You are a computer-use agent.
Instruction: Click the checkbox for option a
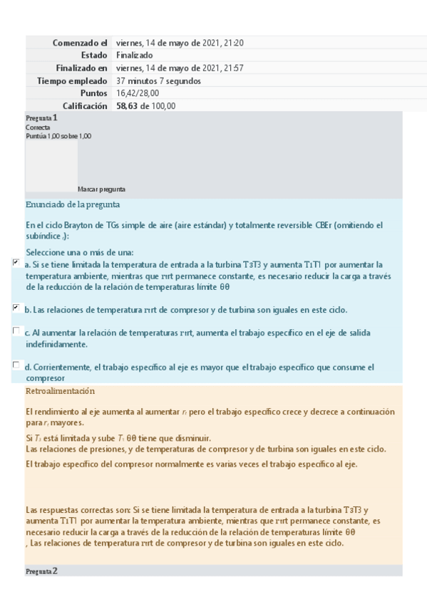tap(16, 263)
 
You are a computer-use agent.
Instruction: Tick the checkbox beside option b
tap(16, 308)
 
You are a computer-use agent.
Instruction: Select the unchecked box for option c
tap(16, 331)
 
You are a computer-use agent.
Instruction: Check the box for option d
tap(16, 365)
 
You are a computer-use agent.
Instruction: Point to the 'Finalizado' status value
tap(134, 56)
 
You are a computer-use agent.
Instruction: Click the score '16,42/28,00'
tap(138, 93)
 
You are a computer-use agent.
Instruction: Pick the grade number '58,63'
tap(128, 106)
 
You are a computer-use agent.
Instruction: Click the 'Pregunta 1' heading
tap(41, 118)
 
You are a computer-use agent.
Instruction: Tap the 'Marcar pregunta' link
tap(101, 189)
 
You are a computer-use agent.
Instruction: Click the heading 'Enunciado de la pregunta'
tap(72, 205)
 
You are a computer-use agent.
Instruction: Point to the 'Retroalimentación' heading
tap(60, 392)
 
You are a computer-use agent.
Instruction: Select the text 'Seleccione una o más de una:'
tap(80, 252)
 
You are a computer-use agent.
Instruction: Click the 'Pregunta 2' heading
tap(41, 571)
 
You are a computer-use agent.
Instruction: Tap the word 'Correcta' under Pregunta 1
tap(37, 127)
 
